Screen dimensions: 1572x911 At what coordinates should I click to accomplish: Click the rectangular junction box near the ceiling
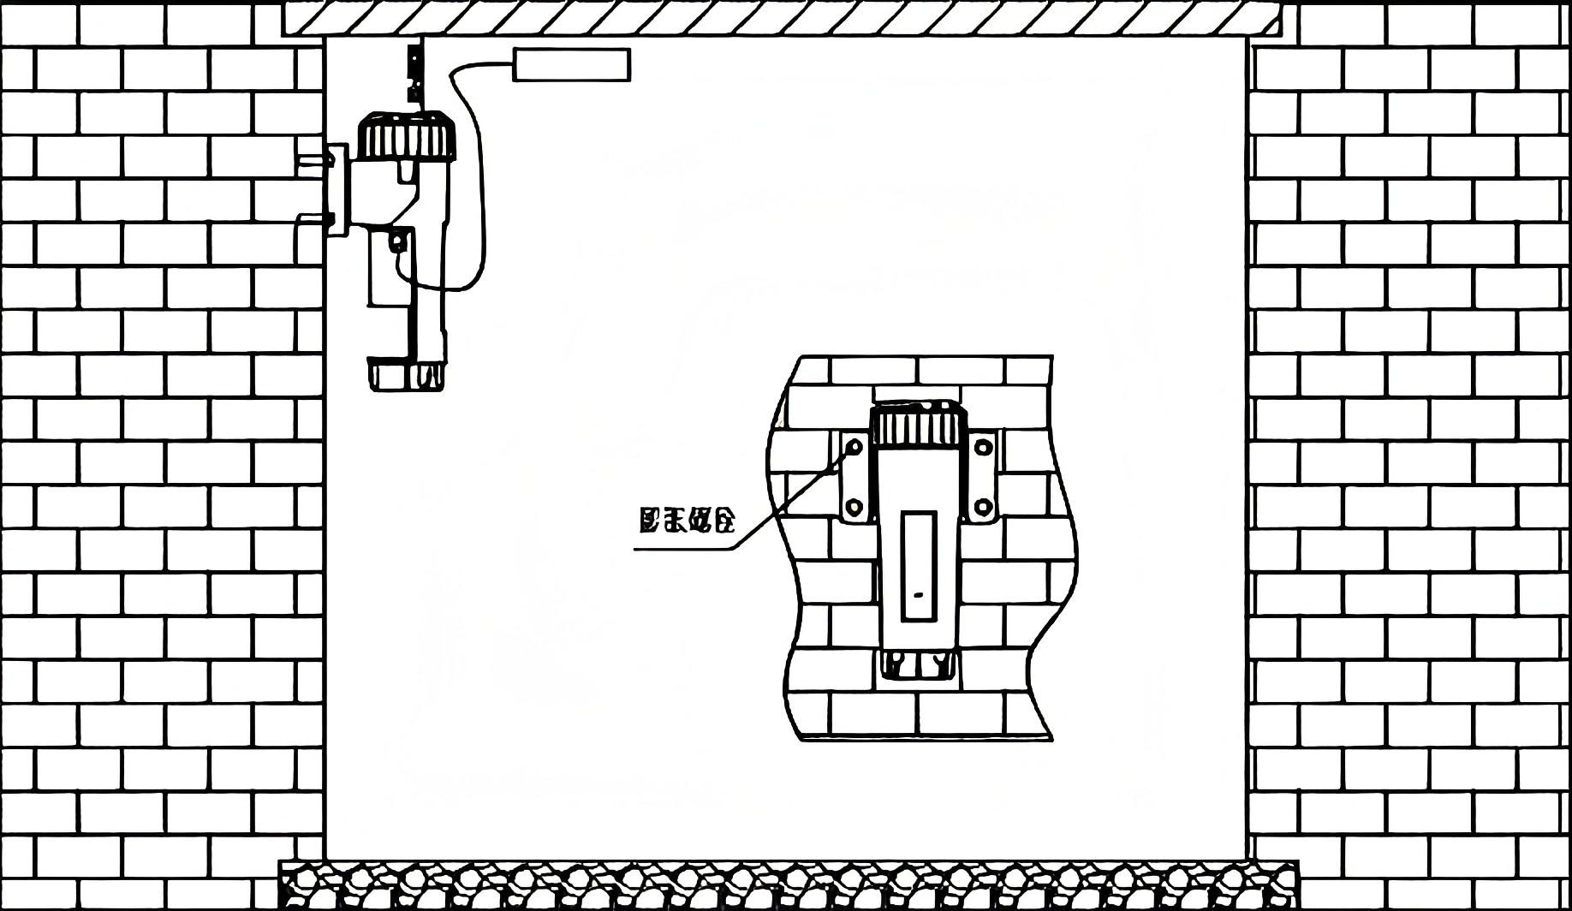click(x=571, y=65)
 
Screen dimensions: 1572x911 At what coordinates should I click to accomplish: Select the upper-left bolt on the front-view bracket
click(x=854, y=446)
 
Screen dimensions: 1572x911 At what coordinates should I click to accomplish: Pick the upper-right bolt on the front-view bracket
click(x=982, y=446)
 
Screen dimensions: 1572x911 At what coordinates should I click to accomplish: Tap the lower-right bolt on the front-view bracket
click(x=982, y=505)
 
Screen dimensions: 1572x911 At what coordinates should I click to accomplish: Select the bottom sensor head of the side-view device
click(x=408, y=375)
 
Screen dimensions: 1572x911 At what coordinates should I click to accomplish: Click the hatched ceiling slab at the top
click(x=782, y=18)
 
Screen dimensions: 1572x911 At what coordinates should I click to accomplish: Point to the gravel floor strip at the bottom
click(x=788, y=885)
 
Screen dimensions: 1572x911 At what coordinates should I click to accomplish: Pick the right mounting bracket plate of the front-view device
click(x=982, y=475)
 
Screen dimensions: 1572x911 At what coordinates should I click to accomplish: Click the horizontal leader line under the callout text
click(x=685, y=548)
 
